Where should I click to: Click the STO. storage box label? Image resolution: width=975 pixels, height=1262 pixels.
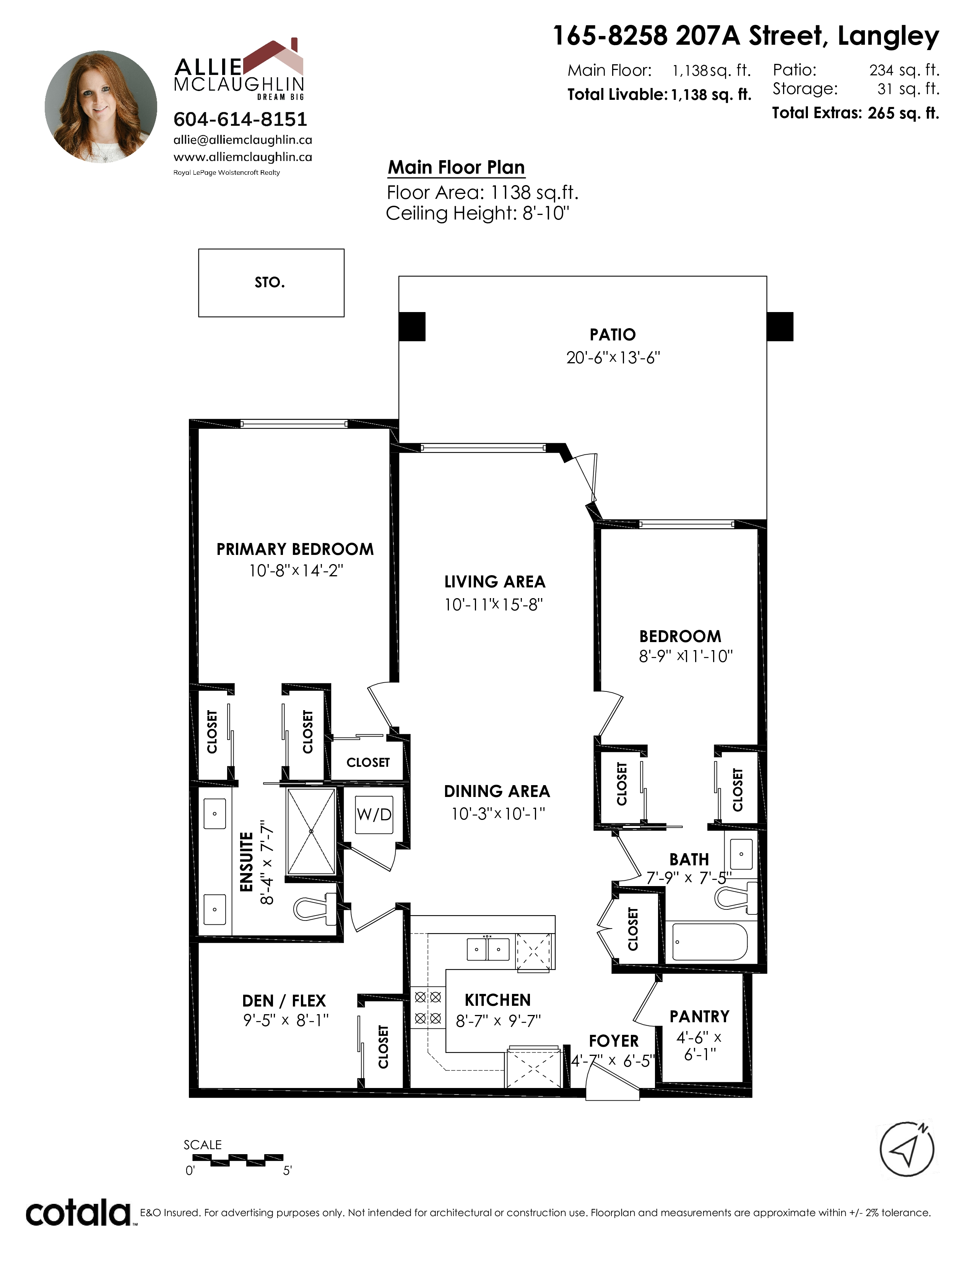[x=270, y=283]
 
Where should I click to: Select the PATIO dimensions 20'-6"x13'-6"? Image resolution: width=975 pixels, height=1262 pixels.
[x=613, y=358]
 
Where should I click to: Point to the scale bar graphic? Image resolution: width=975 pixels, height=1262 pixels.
[x=237, y=1159]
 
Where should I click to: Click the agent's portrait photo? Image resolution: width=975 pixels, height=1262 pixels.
[x=101, y=107]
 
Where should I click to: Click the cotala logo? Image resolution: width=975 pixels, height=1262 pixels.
[x=78, y=1213]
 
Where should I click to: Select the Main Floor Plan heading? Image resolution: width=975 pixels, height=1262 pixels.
[x=456, y=167]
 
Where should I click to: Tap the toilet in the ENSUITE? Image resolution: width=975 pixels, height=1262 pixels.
[x=315, y=907]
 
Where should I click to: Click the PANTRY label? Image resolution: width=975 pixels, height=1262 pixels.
[x=699, y=1016]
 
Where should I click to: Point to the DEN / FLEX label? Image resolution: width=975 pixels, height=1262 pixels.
[x=284, y=1001]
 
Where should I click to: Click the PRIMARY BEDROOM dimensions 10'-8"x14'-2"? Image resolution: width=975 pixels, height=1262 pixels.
[x=296, y=571]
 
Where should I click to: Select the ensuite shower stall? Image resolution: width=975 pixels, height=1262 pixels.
[x=311, y=831]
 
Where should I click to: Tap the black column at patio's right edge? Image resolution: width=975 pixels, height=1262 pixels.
[x=780, y=327]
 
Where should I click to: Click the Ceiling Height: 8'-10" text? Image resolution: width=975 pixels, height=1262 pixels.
[x=478, y=213]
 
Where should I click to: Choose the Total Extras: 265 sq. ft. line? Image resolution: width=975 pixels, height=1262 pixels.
[x=855, y=113]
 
